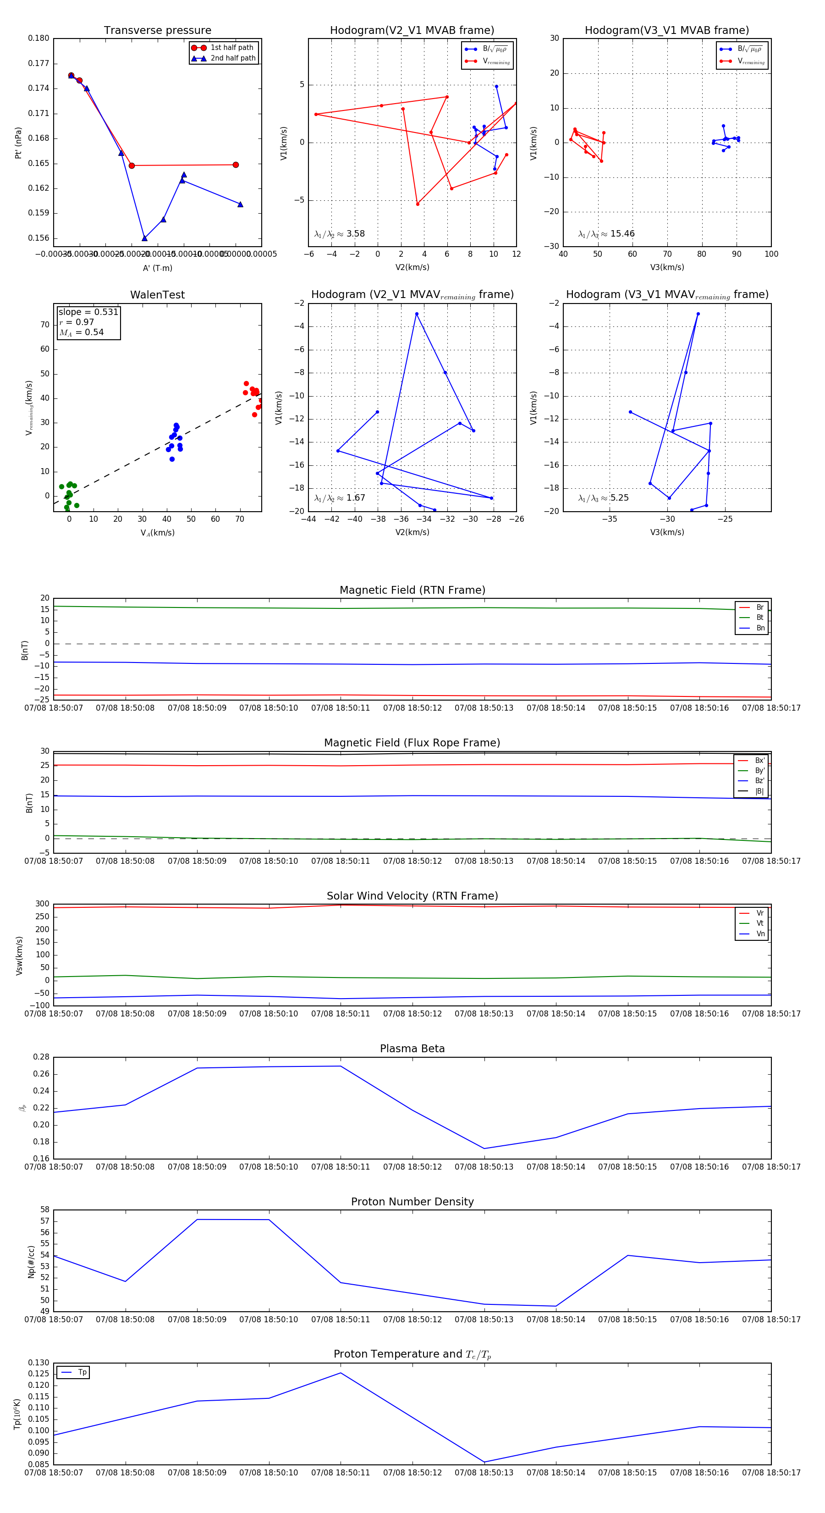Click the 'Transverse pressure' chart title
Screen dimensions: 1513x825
pos(157,31)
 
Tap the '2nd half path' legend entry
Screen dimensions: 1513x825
pos(232,58)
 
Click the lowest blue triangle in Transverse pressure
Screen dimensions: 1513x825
pos(144,238)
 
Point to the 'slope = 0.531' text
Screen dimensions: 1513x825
pos(88,312)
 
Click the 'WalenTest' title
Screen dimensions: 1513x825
pos(157,295)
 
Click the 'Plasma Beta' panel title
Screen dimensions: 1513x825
pos(412,1049)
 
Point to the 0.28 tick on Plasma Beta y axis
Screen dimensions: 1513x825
pos(41,1057)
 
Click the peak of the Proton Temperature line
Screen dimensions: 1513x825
pos(341,1373)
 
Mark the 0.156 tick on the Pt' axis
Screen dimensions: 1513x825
pos(39,238)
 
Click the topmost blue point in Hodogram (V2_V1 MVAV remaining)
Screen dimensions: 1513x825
pos(417,314)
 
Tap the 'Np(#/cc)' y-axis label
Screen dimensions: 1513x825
pos(31,1262)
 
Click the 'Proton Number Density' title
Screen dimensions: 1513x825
pos(412,1201)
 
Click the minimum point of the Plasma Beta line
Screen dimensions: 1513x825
pos(484,1148)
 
